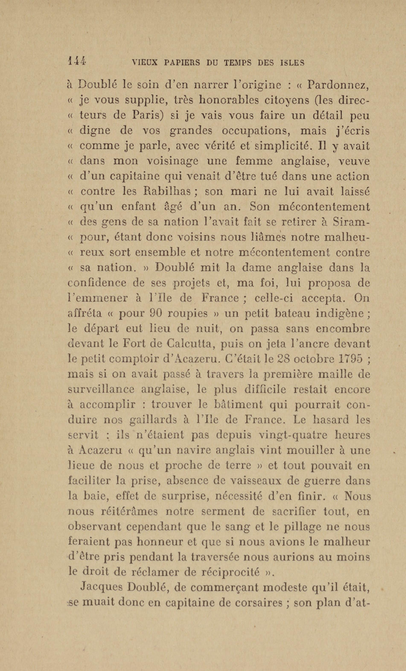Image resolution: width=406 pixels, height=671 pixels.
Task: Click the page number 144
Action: [77, 62]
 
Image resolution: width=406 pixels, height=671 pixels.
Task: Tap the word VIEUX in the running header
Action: [144, 63]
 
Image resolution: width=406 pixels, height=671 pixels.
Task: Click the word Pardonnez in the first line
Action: [338, 86]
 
